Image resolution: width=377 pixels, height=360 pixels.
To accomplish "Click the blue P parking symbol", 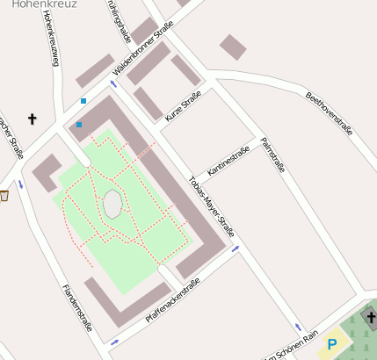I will tap(332, 344).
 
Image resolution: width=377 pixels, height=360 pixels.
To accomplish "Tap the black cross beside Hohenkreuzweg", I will tap(33, 118).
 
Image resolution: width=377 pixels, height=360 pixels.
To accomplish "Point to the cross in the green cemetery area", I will tap(370, 317).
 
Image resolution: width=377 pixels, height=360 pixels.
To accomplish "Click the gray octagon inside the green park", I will tap(112, 204).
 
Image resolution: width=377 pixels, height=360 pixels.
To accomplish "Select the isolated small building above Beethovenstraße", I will tap(233, 47).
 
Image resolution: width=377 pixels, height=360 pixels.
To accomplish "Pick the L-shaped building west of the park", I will tap(47, 172).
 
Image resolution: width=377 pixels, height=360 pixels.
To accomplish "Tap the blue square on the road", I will tap(83, 101).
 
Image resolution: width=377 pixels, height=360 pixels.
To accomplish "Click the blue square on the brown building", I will tap(79, 125).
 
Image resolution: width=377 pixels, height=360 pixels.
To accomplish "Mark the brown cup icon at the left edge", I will tap(4, 195).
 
